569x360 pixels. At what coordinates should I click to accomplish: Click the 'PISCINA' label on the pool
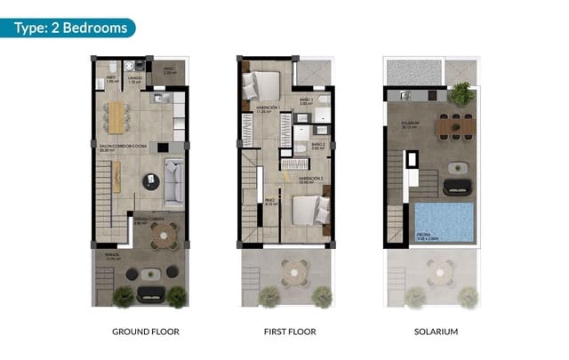(x=429, y=236)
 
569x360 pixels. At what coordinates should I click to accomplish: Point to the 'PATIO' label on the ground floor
(x=169, y=68)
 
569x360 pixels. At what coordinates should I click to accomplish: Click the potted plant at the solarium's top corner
(x=461, y=92)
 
